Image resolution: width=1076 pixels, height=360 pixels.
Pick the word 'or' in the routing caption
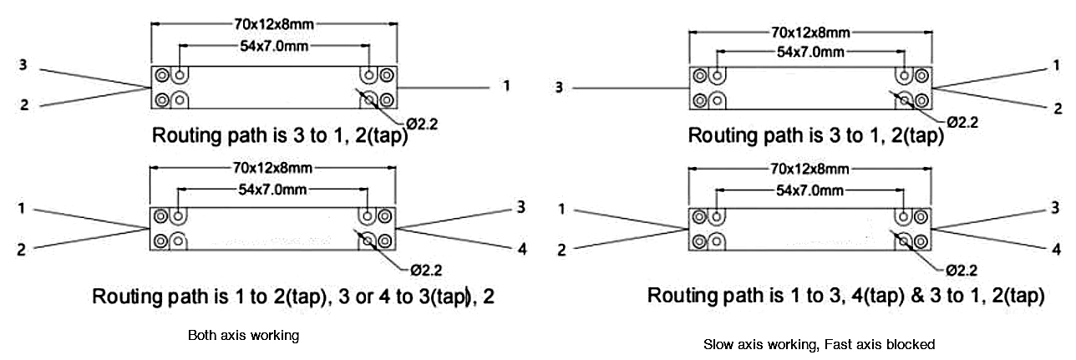[364, 297]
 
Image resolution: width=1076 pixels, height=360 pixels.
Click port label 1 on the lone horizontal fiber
[505, 86]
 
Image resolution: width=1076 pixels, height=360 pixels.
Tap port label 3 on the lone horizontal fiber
[559, 88]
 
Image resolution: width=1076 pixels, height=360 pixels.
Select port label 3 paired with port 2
[23, 65]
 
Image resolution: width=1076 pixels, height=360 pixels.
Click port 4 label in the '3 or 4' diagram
[522, 249]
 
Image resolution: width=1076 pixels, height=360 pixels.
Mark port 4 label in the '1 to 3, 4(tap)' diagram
[1056, 249]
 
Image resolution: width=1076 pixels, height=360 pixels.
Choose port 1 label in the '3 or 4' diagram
[21, 209]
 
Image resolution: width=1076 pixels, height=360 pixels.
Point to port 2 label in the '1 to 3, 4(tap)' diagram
[561, 250]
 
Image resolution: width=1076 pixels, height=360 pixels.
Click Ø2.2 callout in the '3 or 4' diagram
[426, 271]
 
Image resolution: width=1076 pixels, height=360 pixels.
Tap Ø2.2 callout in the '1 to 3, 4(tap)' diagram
[962, 271]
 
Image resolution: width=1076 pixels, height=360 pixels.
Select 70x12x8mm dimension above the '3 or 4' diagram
[273, 168]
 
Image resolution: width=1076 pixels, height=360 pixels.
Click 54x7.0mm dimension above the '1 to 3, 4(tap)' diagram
[810, 190]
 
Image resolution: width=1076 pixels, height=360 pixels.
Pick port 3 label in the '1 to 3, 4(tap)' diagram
[1055, 207]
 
